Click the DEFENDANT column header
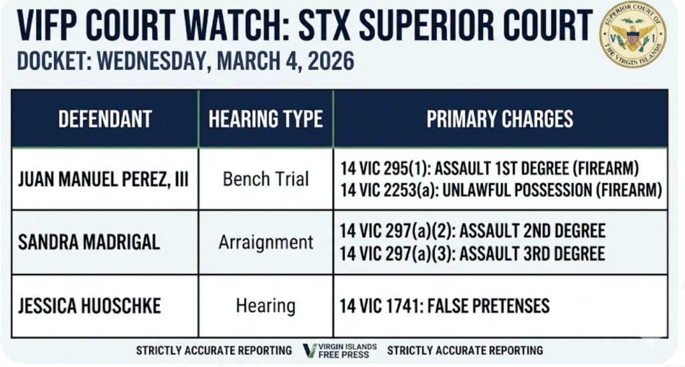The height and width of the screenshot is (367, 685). (x=105, y=119)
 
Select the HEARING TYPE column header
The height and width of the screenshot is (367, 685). (x=266, y=119)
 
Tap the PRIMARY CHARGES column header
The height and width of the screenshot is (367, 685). (x=500, y=119)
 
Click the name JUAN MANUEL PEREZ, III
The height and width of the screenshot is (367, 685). (x=103, y=179)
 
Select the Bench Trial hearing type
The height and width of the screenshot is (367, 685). (x=266, y=179)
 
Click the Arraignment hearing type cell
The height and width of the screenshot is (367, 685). (x=266, y=242)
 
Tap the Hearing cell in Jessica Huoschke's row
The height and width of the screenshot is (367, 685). (x=266, y=306)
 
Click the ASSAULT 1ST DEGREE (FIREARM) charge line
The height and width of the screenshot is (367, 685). (x=489, y=168)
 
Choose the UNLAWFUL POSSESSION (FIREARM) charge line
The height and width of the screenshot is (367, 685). (x=501, y=190)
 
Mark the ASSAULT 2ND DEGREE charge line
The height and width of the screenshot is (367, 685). (x=473, y=231)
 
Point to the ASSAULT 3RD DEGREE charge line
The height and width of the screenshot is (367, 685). (x=473, y=254)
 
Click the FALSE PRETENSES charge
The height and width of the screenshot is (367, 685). (x=445, y=306)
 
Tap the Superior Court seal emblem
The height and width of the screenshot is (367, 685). (x=633, y=35)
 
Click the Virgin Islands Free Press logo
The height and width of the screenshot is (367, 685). (x=340, y=350)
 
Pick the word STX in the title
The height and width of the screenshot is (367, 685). (x=324, y=25)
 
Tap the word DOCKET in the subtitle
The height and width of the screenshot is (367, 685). (x=50, y=61)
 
